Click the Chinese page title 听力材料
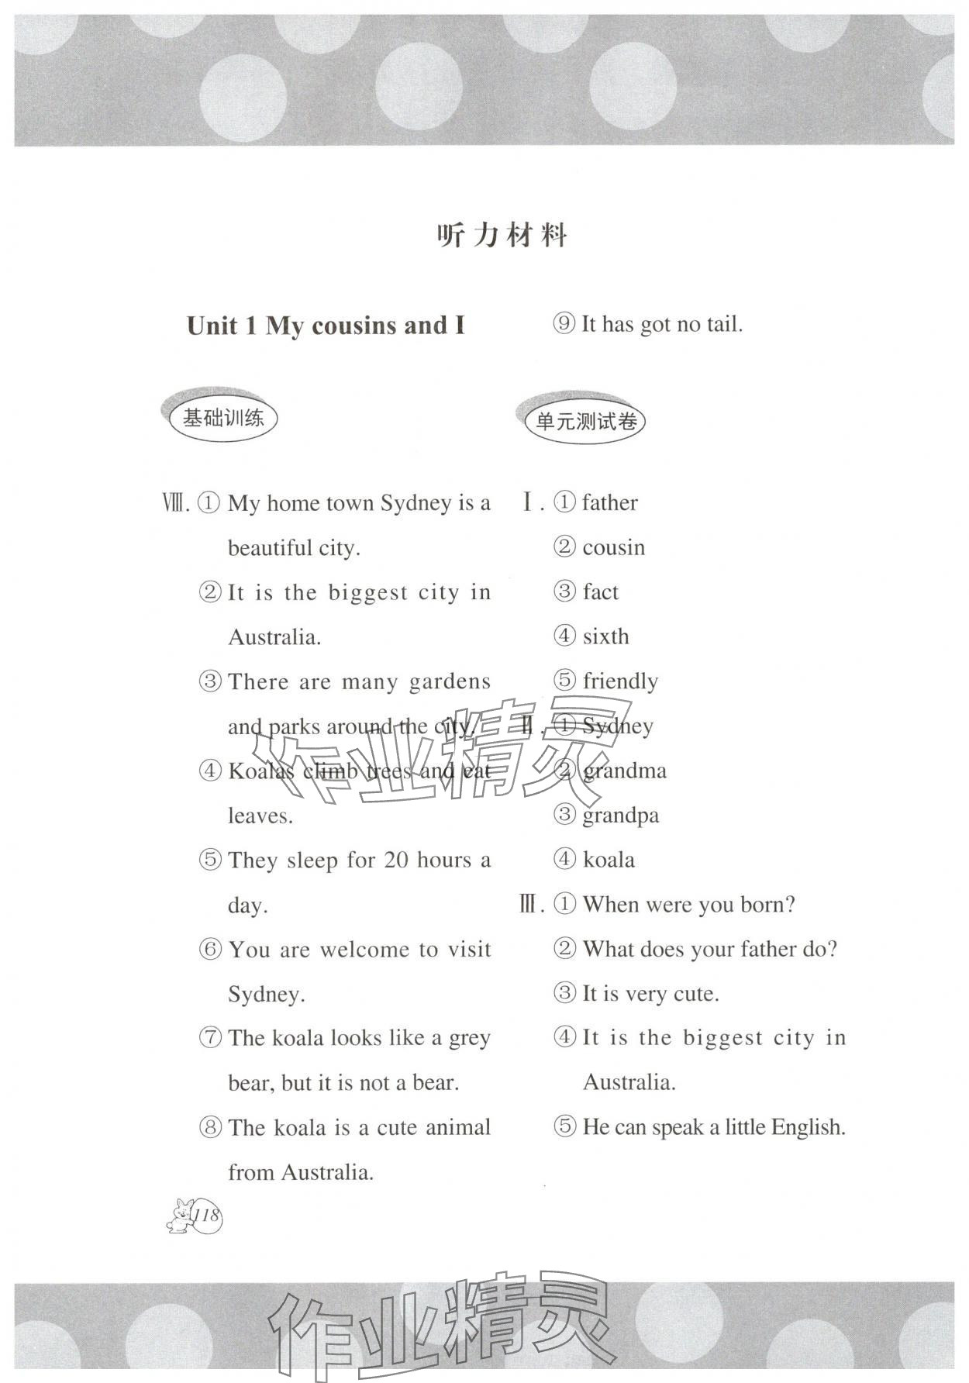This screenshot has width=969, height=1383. pos(502,235)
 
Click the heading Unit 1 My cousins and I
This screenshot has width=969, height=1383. pos(326,326)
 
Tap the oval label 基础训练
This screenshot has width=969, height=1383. pos(223,419)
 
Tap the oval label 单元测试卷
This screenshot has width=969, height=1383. pos(586,422)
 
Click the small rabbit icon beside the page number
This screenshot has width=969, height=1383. pos(180,1216)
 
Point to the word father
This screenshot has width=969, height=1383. pos(610,503)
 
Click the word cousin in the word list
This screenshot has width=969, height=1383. pos(613,548)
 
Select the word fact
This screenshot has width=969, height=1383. pos(601,592)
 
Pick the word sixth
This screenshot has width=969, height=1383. pos(605,637)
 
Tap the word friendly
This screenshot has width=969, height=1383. pos(620,681)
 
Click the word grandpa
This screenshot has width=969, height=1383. pos(620,816)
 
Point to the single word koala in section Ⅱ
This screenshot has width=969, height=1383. pos(609,860)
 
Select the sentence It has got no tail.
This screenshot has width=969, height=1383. pos(662,324)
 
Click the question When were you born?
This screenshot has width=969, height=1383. pos(688,905)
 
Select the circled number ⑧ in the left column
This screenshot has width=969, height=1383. pos(210,1127)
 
